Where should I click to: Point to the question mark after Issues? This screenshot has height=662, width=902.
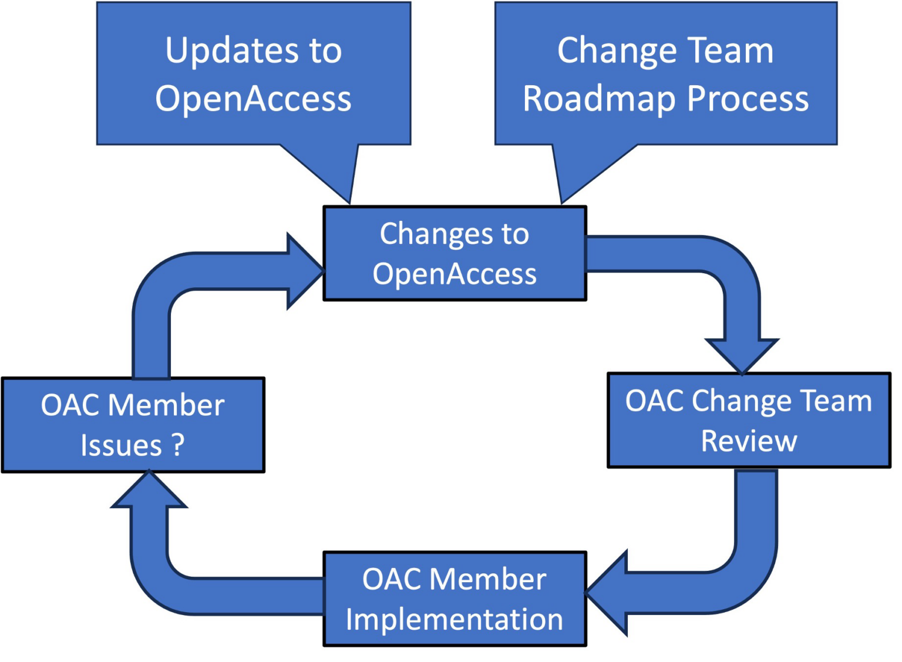179,445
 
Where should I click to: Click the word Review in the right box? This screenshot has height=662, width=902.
749,441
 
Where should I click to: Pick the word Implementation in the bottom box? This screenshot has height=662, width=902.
454,620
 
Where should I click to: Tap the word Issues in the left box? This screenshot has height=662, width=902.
121,445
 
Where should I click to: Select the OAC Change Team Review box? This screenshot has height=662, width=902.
749,421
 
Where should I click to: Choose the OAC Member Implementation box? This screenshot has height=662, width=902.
454,599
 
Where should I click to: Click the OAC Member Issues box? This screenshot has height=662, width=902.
133,425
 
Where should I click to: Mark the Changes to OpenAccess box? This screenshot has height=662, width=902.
454,254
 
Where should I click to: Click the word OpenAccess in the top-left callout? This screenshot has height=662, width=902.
253,99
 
